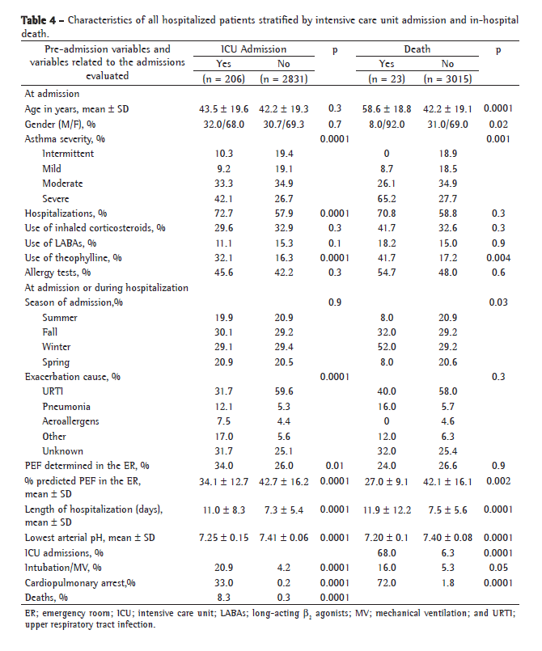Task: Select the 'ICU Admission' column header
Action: (253, 49)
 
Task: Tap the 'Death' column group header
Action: (417, 49)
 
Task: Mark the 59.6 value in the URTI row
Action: (285, 391)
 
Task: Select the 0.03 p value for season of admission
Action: (495, 302)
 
